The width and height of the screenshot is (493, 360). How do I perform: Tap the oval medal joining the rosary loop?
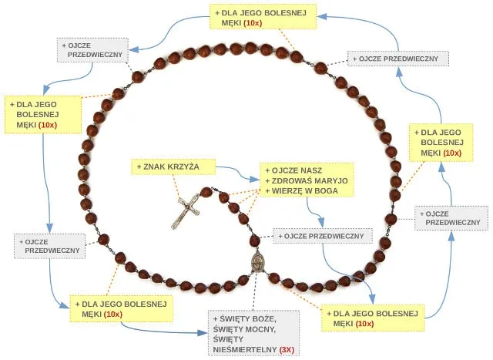257,263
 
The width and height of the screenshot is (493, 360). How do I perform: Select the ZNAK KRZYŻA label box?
171,167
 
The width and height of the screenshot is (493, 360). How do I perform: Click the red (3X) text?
287,350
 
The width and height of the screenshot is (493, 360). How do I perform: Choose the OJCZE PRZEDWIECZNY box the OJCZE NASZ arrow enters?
323,236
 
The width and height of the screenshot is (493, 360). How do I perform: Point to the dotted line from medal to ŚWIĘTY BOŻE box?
255,294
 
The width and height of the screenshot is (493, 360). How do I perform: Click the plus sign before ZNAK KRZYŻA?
139,167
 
